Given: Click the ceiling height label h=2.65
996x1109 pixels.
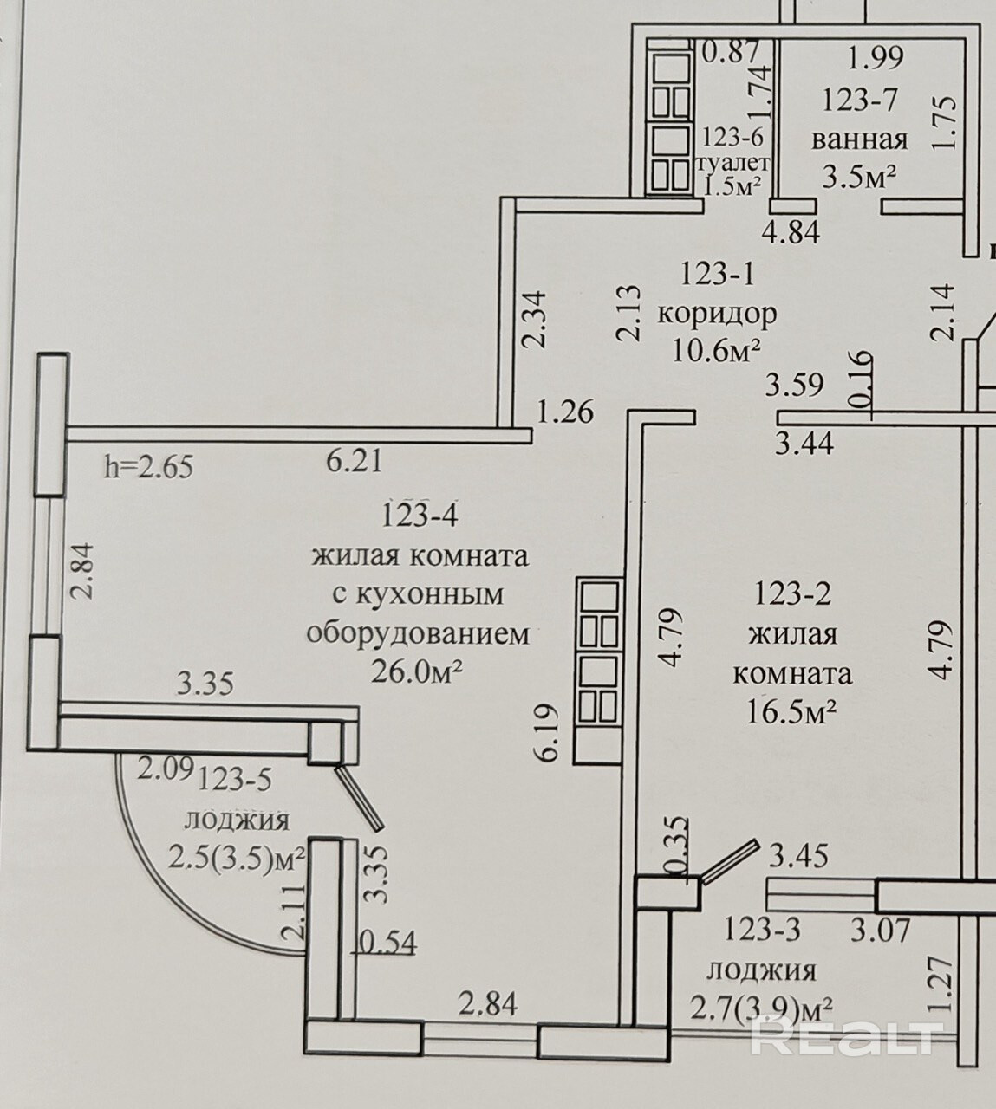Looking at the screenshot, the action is click(x=148, y=468).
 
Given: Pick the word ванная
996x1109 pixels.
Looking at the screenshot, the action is click(x=860, y=139).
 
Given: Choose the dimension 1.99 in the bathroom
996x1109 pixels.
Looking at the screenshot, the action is click(x=876, y=57).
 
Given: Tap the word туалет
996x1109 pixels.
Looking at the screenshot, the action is click(x=732, y=162).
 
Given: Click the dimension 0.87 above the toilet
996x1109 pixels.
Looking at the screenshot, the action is click(x=731, y=53).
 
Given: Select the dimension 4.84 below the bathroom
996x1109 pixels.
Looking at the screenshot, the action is click(x=791, y=231).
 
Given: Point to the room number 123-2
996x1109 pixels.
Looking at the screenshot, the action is click(x=793, y=594).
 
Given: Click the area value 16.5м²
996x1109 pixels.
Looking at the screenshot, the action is click(x=791, y=712).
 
